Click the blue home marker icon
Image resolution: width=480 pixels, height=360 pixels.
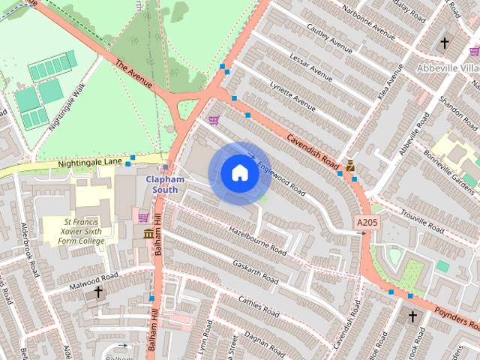point(239,173)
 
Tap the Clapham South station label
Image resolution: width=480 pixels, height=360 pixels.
point(164,184)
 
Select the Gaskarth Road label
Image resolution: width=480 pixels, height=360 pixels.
point(254,271)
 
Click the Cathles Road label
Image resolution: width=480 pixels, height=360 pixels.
point(258,307)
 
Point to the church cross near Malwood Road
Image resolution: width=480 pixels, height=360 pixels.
point(97,292)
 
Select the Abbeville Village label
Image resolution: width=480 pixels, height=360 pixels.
point(448,67)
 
